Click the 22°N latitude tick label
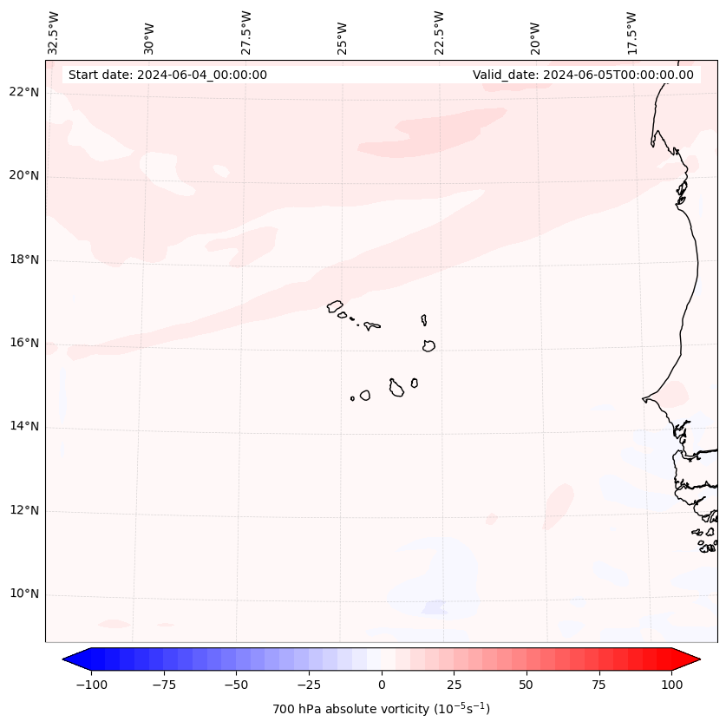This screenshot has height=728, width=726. tap(24, 92)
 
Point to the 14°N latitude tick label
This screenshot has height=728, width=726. tap(24, 426)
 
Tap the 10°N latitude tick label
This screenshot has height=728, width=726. tap(24, 594)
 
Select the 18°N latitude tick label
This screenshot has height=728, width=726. tap(24, 259)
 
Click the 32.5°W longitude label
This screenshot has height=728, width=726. tap(54, 33)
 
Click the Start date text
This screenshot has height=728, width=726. tap(167, 75)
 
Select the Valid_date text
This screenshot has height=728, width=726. tap(583, 75)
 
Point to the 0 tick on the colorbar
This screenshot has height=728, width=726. tap(382, 685)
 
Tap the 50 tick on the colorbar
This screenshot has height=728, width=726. tap(527, 685)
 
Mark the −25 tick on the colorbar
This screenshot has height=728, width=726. tap(309, 685)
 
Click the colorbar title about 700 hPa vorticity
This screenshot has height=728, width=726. tap(382, 709)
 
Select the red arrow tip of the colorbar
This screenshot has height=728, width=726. tap(690, 659)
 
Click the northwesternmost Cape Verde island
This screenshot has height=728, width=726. tap(335, 306)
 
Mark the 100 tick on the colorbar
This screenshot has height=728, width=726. tap(670, 685)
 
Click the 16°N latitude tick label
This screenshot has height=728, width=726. tap(24, 343)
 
